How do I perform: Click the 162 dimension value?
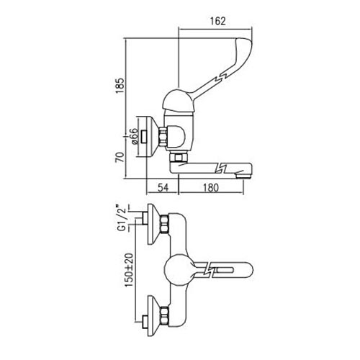(218, 21)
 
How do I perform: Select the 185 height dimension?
(120, 86)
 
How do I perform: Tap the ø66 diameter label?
(135, 136)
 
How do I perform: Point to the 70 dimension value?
(120, 157)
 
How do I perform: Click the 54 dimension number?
(163, 187)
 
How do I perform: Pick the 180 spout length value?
(211, 187)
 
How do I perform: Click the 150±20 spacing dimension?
(129, 270)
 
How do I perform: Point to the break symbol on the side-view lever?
(221, 78)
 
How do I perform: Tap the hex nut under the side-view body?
(179, 158)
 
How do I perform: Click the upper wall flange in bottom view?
(153, 224)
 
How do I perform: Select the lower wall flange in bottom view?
(153, 316)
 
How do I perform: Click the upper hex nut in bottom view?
(164, 224)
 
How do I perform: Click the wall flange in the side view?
(152, 137)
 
